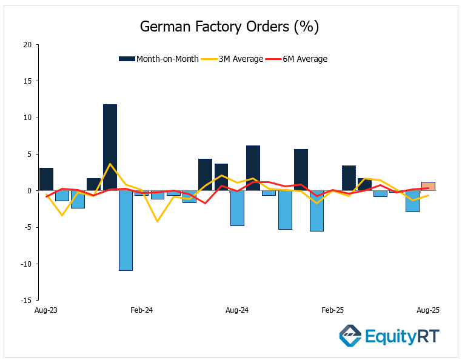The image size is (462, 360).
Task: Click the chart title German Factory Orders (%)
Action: point(229,27)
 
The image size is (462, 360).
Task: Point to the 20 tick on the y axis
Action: point(27,45)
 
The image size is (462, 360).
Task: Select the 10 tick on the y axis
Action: point(27,118)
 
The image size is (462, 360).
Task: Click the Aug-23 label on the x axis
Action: point(45,310)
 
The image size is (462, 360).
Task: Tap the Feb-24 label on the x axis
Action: point(141,310)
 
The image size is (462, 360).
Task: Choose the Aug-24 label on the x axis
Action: point(237,310)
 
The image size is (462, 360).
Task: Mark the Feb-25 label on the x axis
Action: point(332,310)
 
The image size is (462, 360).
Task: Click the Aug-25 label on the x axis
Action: point(428,310)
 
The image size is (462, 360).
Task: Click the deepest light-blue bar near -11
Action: point(126,230)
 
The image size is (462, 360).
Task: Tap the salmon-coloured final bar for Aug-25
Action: point(428,186)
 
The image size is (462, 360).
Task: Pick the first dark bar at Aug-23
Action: point(46,179)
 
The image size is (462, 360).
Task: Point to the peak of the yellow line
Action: point(110,164)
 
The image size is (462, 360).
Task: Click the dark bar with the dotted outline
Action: point(349,178)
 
